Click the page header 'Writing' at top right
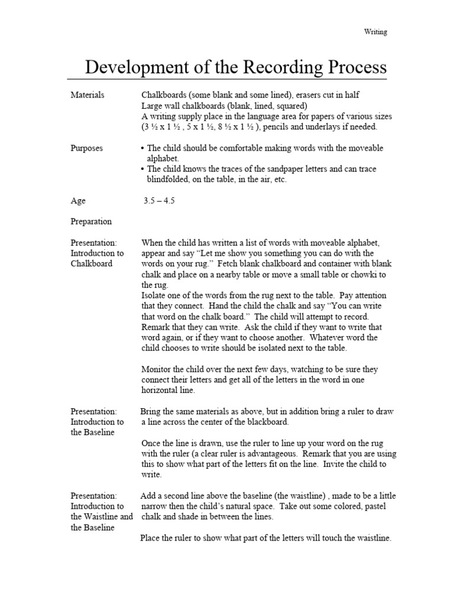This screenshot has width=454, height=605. click(375, 32)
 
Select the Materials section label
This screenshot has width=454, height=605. click(87, 95)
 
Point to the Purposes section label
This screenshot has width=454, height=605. click(86, 148)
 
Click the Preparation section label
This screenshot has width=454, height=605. click(90, 222)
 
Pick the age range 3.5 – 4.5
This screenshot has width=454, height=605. click(159, 201)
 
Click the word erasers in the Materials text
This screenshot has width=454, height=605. click(310, 95)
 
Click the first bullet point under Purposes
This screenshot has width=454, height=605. click(144, 148)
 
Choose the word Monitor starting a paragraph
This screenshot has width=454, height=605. click(157, 369)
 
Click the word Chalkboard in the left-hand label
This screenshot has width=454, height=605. click(91, 264)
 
